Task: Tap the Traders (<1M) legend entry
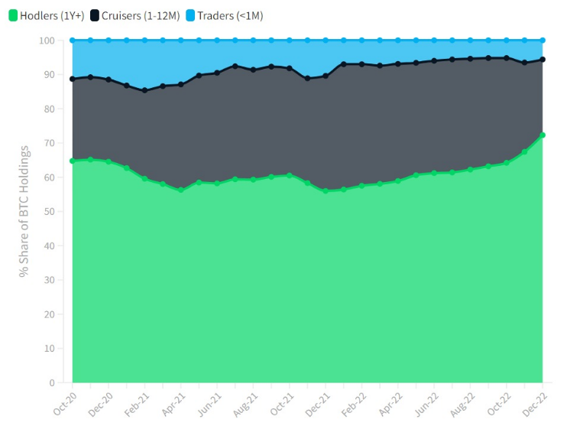[x=224, y=15]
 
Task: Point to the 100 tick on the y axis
[x=47, y=40]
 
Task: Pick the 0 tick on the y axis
[x=52, y=382]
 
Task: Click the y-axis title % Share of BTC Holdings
[x=24, y=211]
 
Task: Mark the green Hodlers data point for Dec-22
[x=543, y=135]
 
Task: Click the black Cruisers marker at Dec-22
[x=543, y=59]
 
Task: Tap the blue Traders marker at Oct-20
[x=73, y=40]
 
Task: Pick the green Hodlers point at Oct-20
[x=73, y=161]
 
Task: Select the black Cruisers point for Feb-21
[x=144, y=90]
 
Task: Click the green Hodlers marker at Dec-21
[x=326, y=191]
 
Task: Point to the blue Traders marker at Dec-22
[x=543, y=40]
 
